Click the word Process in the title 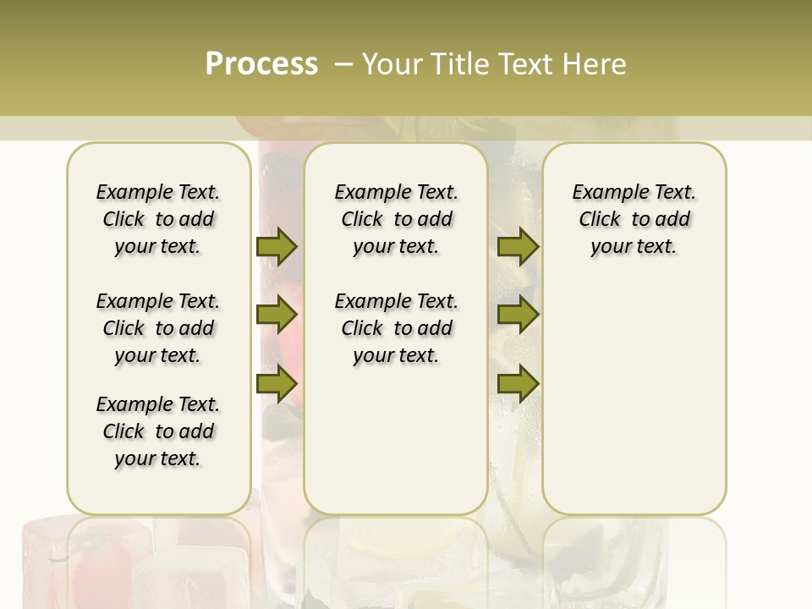pyautogui.click(x=261, y=64)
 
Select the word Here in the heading pyautogui.click(x=595, y=64)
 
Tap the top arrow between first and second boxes pyautogui.click(x=276, y=247)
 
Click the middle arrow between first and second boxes pyautogui.click(x=276, y=315)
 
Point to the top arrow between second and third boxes pyautogui.click(x=518, y=247)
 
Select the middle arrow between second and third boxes pyautogui.click(x=518, y=315)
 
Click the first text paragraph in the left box pyautogui.click(x=158, y=219)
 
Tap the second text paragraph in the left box pyautogui.click(x=158, y=328)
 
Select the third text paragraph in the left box pyautogui.click(x=158, y=431)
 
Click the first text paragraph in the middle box pyautogui.click(x=396, y=219)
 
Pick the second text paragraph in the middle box pyautogui.click(x=396, y=328)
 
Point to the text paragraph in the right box pyautogui.click(x=634, y=219)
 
